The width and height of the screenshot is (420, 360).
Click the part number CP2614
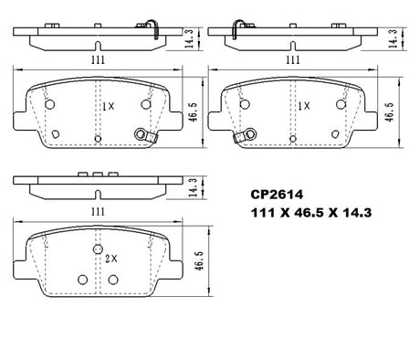pos(277,195)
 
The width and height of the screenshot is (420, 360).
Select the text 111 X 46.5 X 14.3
pos(311,213)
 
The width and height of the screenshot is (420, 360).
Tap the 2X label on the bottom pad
pos(110,259)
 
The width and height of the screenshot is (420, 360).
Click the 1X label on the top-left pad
pos(108,106)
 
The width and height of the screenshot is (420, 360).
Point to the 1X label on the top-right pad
pos(303,106)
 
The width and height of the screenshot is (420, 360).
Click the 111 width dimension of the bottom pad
pos(98,211)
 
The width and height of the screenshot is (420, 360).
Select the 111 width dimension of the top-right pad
pos(293,59)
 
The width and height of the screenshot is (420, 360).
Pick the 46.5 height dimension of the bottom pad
pos(199,260)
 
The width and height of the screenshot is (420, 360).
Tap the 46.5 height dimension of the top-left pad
pos(193,112)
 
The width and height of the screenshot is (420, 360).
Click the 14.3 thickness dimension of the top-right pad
pos(393,38)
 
